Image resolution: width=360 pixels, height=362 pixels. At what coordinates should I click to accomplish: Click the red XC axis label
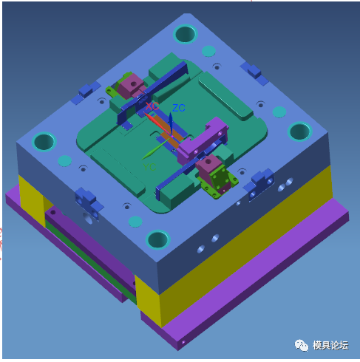[x=152, y=106]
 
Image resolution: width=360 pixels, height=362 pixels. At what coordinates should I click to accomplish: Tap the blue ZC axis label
[x=178, y=108]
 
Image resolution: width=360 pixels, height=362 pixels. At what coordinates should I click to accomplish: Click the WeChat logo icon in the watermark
[x=302, y=345]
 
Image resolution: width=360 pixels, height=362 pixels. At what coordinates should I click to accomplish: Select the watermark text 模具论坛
[x=330, y=345]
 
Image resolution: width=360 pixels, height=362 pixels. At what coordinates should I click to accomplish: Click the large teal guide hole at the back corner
[x=185, y=33]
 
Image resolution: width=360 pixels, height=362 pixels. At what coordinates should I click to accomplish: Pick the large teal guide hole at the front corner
[x=158, y=239]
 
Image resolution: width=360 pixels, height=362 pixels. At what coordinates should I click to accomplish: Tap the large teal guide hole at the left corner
[x=45, y=140]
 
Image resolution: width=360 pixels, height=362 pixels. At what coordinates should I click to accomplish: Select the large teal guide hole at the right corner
[x=299, y=132]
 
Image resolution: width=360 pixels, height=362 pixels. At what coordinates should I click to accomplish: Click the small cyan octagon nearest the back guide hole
[x=208, y=52]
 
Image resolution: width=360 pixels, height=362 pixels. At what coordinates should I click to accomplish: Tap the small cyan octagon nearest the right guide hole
[x=279, y=112]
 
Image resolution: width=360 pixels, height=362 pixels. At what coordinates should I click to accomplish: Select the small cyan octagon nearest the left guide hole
[x=65, y=160]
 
